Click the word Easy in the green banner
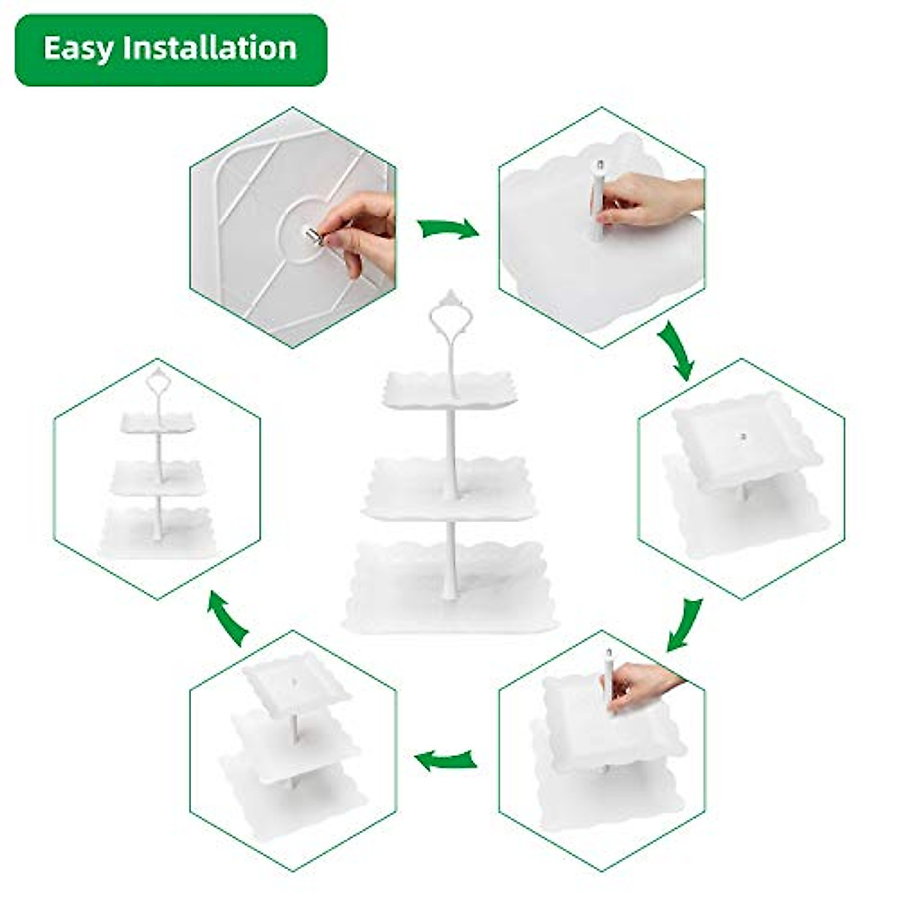point(79,49)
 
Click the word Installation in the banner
point(211,49)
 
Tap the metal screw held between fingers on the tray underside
point(314,236)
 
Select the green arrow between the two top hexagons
point(448,228)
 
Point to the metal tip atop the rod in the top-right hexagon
point(599,164)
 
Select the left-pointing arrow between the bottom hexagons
point(447,760)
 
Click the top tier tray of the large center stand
point(449,390)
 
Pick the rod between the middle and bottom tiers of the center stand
point(450,551)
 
